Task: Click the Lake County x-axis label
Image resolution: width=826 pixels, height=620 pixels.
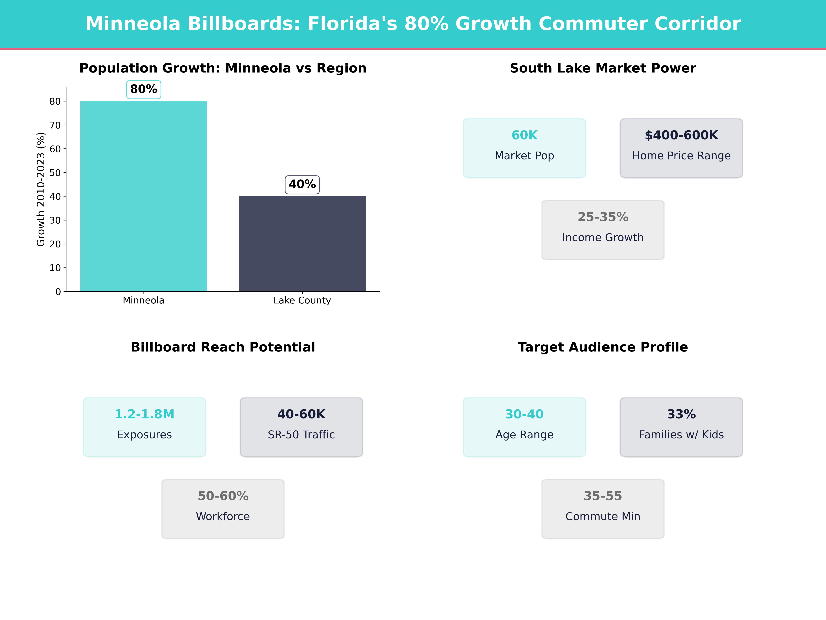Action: pyautogui.click(x=302, y=301)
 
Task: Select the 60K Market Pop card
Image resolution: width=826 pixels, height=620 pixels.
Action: pyautogui.click(x=524, y=148)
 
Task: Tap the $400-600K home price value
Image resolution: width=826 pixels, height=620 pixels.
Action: pyautogui.click(x=681, y=135)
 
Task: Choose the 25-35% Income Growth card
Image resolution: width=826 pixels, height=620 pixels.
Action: pyautogui.click(x=603, y=230)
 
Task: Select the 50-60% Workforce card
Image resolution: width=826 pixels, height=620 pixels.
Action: pyautogui.click(x=223, y=509)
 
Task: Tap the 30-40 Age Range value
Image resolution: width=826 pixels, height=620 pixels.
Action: pyautogui.click(x=524, y=414)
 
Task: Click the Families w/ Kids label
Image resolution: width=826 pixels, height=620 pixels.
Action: pyautogui.click(x=681, y=435)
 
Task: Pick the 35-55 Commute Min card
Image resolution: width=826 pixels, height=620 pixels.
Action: pyautogui.click(x=603, y=509)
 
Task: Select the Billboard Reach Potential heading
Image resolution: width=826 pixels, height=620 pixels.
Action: pyautogui.click(x=223, y=347)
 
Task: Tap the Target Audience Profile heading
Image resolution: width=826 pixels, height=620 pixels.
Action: pyautogui.click(x=603, y=347)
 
